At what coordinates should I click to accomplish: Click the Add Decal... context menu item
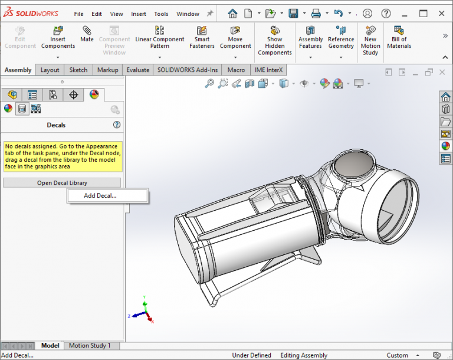[100, 196]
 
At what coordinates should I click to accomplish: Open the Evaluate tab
[137, 70]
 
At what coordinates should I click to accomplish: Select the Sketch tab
[78, 70]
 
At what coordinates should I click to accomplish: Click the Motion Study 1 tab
[90, 345]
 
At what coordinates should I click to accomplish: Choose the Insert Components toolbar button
[58, 38]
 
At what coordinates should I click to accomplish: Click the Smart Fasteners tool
[202, 38]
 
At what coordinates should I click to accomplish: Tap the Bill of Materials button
[399, 38]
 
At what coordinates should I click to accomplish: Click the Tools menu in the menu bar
[161, 14]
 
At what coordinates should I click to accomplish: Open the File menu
[78, 14]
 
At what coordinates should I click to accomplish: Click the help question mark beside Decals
[117, 125]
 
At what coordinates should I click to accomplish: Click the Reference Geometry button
[341, 38]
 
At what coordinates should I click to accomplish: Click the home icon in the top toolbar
[233, 13]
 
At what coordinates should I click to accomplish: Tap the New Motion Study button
[370, 40]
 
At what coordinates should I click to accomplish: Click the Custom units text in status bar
[397, 355]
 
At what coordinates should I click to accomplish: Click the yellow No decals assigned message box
[63, 156]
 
